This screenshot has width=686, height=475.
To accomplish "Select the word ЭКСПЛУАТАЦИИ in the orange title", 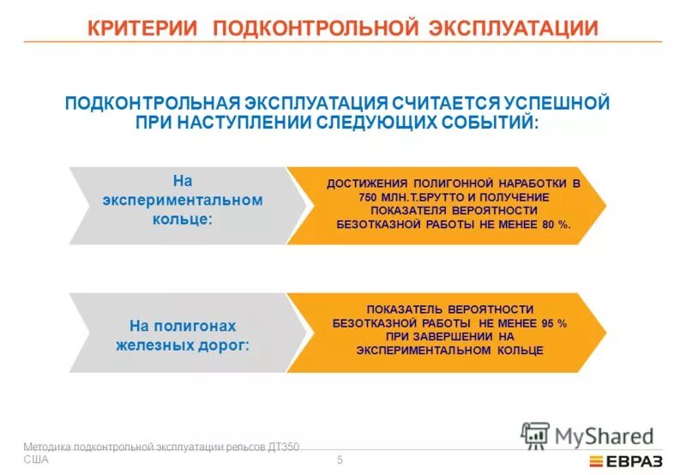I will pyautogui.click(x=514, y=27).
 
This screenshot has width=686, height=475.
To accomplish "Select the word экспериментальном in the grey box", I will pyautogui.click(x=182, y=200).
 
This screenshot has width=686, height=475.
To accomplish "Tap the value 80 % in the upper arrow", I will pyautogui.click(x=554, y=223).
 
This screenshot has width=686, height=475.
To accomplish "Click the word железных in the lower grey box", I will pyautogui.click(x=150, y=346).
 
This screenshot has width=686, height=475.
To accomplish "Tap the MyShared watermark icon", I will pyautogui.click(x=535, y=436).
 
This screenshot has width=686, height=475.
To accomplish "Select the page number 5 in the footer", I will pyautogui.click(x=340, y=460).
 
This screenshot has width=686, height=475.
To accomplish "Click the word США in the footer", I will pyautogui.click(x=36, y=460).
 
